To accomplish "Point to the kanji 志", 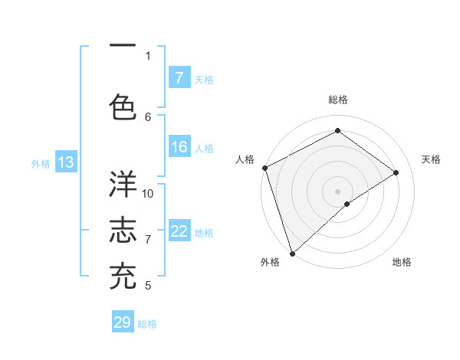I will point(123,231).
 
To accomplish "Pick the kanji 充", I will point(123,276).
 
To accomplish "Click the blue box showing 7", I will point(179,78).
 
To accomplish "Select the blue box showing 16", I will point(179,148).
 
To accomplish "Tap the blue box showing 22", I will point(179,232).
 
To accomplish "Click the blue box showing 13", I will point(65,162).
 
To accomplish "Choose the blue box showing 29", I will point(123,322).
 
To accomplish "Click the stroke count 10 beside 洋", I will point(148,193).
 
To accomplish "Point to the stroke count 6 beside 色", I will point(148,116).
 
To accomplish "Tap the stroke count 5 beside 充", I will point(148,286).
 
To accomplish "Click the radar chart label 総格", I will point(337,100).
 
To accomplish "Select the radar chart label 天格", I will point(431,159).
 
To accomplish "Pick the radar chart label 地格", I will point(402,262).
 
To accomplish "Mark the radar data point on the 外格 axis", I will point(292,253).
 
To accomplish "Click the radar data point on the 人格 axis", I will point(264,168).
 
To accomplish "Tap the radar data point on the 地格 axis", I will point(347,204).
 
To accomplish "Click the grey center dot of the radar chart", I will point(337,191).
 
